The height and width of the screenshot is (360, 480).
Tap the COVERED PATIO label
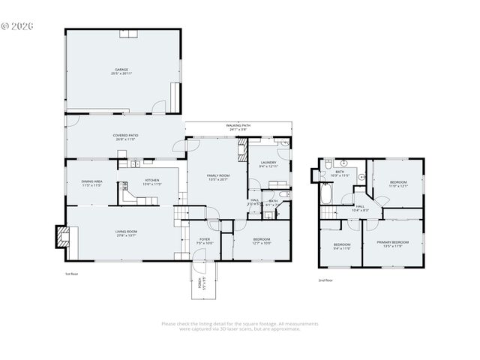pyautogui.click(x=125, y=136)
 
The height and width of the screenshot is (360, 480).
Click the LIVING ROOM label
pyautogui.click(x=125, y=234)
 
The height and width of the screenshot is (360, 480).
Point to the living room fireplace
pyautogui.click(x=61, y=238)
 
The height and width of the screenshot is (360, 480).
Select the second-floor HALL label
pyautogui.click(x=360, y=208)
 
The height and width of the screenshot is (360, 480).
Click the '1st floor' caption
pyautogui.click(x=72, y=274)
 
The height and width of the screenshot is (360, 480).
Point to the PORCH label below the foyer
pyautogui.click(x=201, y=286)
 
